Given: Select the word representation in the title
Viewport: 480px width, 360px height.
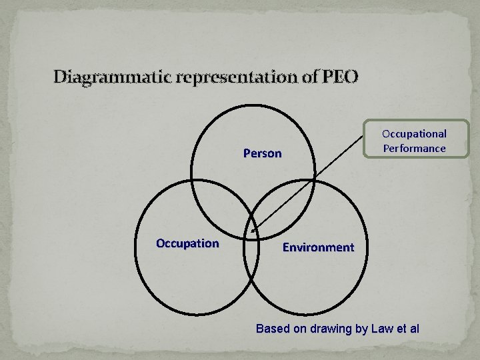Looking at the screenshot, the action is point(234,77).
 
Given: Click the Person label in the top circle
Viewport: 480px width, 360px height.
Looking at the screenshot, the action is point(262,153).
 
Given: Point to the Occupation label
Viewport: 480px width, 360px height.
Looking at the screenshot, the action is point(187,243).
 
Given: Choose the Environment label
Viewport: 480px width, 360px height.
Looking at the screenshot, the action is point(318,247).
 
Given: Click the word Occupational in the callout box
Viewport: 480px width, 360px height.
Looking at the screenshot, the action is point(414,134).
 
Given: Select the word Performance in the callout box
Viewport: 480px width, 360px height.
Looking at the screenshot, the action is point(414,148).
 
